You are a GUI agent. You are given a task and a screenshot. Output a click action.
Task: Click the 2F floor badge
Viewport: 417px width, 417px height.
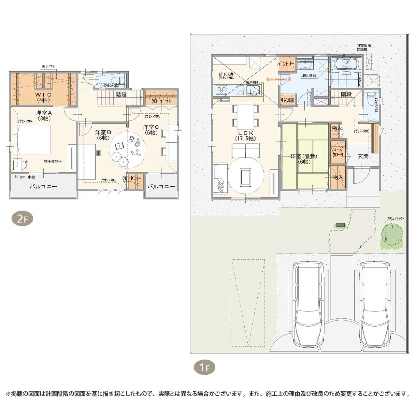coord(22,219)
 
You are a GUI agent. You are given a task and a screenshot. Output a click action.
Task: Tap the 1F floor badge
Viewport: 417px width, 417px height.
coord(204,367)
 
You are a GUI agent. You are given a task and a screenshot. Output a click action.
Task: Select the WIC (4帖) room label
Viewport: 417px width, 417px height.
coord(43,97)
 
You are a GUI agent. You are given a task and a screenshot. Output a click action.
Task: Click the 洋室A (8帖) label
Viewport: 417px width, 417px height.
coord(44,116)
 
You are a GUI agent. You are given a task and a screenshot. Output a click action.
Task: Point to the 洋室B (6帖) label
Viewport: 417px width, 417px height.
coord(103,135)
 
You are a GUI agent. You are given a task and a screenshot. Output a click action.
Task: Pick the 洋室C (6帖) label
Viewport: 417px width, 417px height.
coord(151,130)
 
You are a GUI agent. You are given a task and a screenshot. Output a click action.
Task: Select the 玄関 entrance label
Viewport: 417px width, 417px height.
coord(363,156)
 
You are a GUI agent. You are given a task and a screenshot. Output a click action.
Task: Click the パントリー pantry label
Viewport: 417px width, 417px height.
coord(286,64)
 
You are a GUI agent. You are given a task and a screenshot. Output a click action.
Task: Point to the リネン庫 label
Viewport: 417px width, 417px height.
coord(287,100)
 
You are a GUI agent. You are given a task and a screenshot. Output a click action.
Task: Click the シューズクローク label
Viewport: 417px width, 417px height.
coord(338,152)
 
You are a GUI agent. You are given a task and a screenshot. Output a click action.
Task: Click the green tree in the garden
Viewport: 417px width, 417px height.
coord(392,235)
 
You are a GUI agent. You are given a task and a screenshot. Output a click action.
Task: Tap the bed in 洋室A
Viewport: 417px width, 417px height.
coord(33,140)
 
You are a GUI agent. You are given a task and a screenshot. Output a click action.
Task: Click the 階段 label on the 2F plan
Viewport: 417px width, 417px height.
coord(121,95)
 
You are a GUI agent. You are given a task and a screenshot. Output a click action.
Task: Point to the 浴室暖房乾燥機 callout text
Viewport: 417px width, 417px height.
coord(363,48)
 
